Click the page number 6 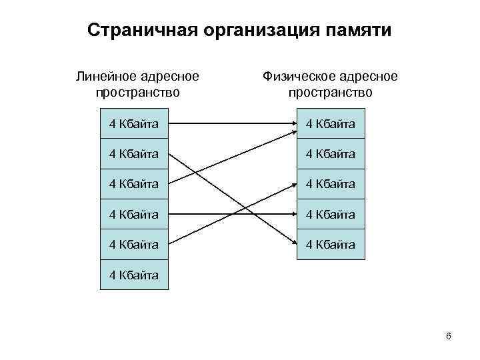pos(449,336)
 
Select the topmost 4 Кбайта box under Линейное pos(134,123)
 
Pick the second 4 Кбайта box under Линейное pos(134,153)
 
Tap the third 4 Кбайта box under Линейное pos(134,183)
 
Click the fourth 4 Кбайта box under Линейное pos(134,214)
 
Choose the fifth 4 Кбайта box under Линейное pos(134,245)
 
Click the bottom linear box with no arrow pos(134,275)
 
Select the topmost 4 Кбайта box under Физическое pos(331,123)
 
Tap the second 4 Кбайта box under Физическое pos(331,153)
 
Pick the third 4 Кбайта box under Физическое pos(331,183)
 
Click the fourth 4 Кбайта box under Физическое pos(331,214)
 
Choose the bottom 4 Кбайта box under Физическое pos(331,245)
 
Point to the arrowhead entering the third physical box pos(293,184)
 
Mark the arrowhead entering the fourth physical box pos(293,215)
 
